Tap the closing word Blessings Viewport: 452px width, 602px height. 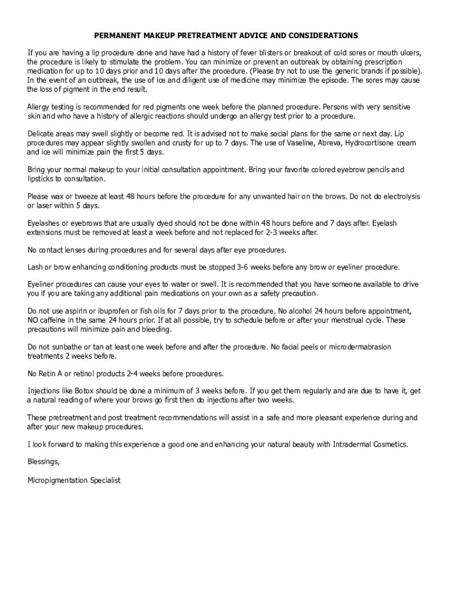[43, 462]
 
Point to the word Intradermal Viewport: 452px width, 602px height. [353, 444]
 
